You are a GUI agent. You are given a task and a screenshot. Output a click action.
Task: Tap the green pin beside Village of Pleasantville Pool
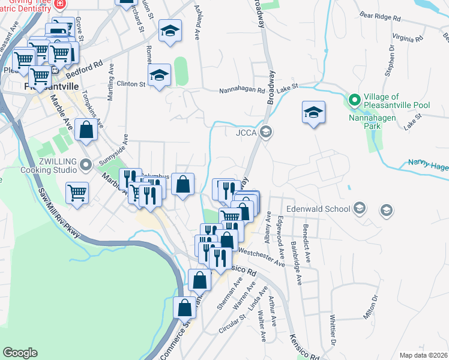pos(354,100)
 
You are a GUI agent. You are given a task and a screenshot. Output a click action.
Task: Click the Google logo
pos(20,353)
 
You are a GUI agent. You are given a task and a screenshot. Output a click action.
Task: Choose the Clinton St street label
pos(131,84)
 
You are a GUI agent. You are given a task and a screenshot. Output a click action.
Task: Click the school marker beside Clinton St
pos(159,76)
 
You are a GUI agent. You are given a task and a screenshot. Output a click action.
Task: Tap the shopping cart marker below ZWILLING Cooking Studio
pos(77,193)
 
